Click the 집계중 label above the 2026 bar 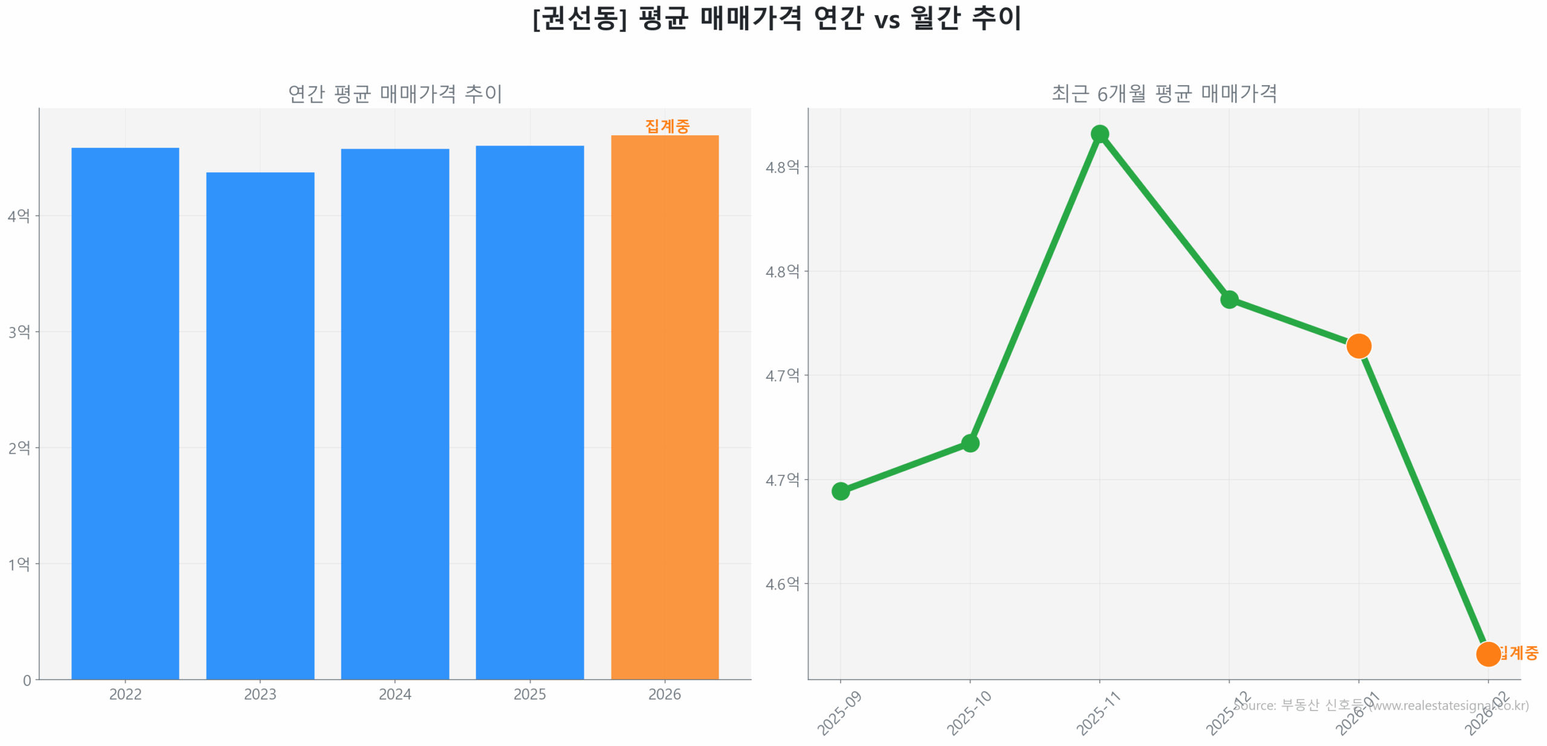[x=667, y=126]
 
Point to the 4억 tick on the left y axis [x=19, y=216]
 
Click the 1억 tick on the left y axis [x=19, y=564]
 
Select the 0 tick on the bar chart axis [x=27, y=680]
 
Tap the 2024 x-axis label [x=395, y=694]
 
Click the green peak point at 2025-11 [x=1099, y=133]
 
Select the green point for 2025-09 [x=840, y=490]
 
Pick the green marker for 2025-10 [x=969, y=443]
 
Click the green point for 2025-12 [x=1229, y=299]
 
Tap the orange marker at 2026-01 [x=1358, y=346]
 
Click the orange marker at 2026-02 [x=1487, y=654]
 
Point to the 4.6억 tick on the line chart [x=782, y=584]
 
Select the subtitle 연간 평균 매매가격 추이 [x=395, y=94]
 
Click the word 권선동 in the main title [x=579, y=18]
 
